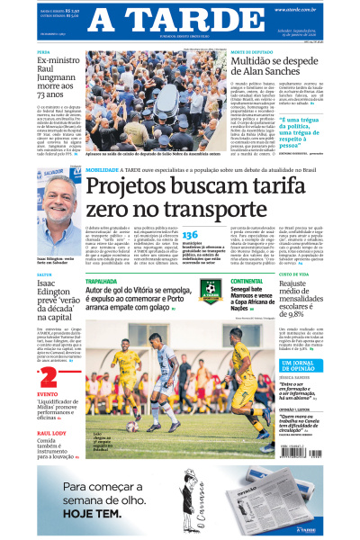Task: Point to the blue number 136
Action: [x=190, y=234]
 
